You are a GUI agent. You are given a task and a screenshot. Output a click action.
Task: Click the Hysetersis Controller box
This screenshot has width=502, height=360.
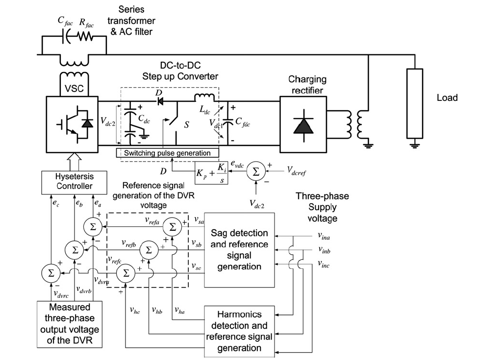tap(75, 182)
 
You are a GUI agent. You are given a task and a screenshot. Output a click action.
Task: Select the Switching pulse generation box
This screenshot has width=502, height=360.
tap(168, 153)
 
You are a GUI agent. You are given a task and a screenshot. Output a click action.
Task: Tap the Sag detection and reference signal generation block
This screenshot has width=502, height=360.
tap(239, 250)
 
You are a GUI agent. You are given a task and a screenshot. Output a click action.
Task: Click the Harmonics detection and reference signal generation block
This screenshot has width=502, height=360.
tap(239, 331)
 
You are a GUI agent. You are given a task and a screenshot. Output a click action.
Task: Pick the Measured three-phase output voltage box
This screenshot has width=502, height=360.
tap(70, 324)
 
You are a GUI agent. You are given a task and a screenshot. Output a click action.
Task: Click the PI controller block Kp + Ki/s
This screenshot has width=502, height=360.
tap(211, 173)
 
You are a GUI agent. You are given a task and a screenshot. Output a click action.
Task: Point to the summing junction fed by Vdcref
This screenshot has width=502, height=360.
tap(256, 171)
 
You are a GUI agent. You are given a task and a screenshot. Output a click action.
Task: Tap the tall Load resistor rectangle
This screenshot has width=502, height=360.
tap(415, 103)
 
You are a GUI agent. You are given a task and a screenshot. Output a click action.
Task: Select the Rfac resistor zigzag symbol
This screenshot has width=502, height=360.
tap(85, 36)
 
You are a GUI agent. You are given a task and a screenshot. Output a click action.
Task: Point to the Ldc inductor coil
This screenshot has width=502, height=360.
tap(204, 97)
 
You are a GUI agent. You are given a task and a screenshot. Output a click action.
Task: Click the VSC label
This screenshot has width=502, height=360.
tap(74, 88)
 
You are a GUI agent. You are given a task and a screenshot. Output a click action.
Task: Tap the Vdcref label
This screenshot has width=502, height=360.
tap(297, 171)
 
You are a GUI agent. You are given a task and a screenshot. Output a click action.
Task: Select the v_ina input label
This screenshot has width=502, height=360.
tap(324, 236)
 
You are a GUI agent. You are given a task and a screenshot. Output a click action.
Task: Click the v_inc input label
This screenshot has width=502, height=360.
tap(324, 264)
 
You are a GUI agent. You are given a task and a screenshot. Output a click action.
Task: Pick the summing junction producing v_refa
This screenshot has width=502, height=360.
tap(172, 227)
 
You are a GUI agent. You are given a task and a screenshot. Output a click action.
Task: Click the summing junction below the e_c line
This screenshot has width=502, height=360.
tap(51, 273)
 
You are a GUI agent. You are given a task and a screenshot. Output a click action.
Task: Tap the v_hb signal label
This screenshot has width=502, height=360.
tap(157, 310)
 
